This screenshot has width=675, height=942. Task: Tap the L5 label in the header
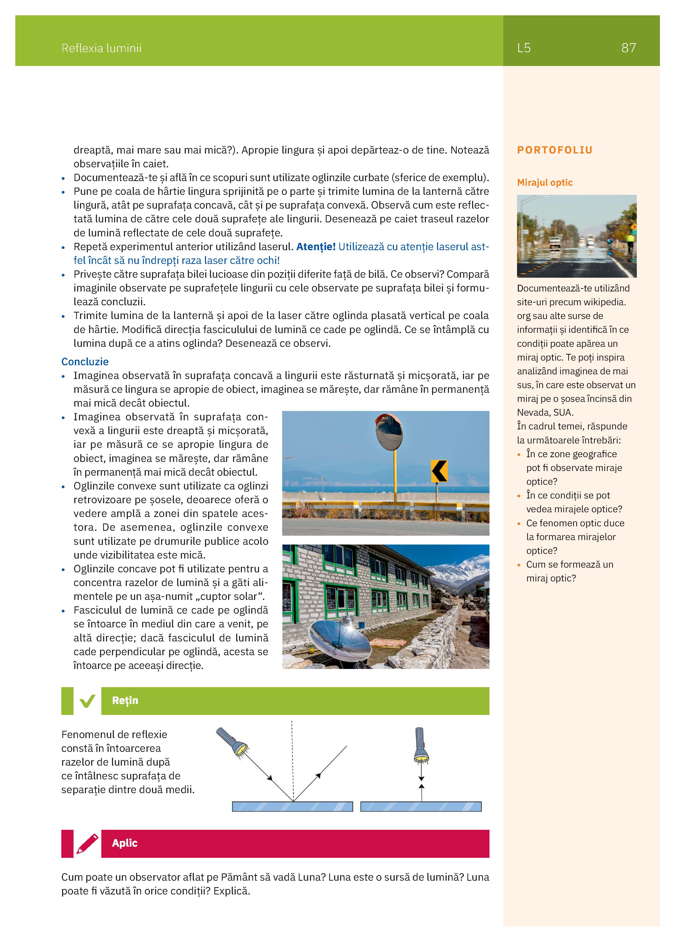pos(524,48)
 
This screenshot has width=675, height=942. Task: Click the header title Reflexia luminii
pos(101,49)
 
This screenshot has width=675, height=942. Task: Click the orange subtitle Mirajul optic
pos(545,183)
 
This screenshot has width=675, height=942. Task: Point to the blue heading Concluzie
pos(85,362)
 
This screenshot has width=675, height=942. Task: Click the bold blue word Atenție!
pos(316,247)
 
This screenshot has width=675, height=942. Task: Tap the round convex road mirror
pos(389,432)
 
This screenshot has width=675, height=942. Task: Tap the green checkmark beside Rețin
pos(87,701)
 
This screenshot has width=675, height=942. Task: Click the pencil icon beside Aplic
pos(87,844)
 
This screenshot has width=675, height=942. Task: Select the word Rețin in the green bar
pos(125,701)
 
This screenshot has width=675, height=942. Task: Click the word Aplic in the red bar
pos(125,843)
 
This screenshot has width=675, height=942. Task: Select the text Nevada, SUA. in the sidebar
pos(545,413)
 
